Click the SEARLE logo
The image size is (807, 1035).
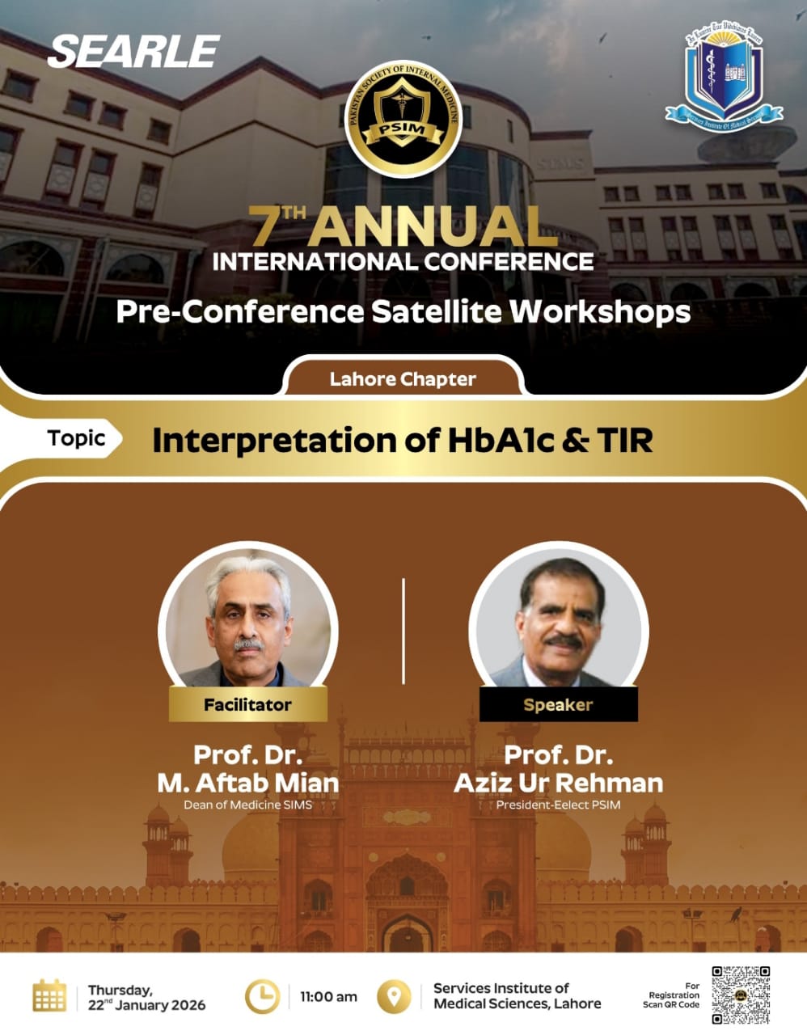tap(133, 51)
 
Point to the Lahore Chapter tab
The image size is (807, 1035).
tap(403, 379)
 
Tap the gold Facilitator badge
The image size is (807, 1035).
tap(247, 704)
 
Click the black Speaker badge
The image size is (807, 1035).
tap(558, 704)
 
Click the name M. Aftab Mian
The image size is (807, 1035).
tap(247, 783)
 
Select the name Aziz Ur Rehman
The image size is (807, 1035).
tap(558, 783)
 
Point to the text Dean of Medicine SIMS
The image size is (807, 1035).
tap(247, 805)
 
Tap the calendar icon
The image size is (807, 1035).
tap(49, 995)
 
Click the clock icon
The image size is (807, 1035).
tap(262, 996)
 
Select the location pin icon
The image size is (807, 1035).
tap(394, 996)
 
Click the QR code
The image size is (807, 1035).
tap(740, 995)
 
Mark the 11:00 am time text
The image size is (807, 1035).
tap(328, 997)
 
